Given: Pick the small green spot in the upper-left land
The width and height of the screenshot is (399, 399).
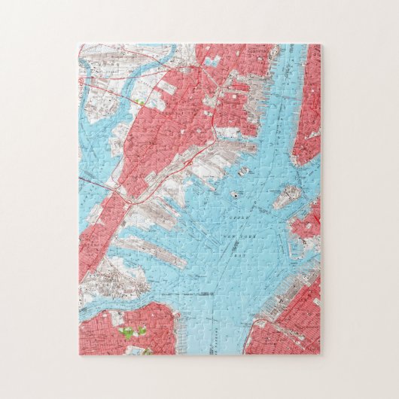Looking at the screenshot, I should pyautogui.click(x=139, y=101).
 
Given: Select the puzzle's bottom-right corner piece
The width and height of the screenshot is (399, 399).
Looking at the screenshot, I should pyautogui.click(x=310, y=344).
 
